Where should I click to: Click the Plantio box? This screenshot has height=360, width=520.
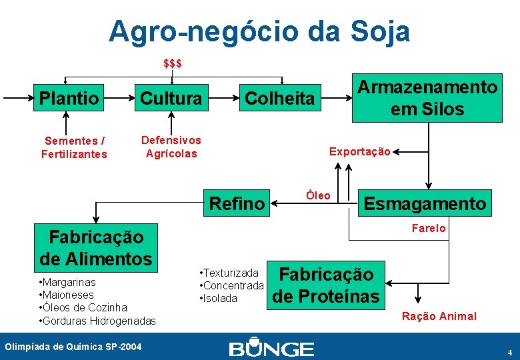69,99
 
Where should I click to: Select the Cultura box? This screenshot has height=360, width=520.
171,99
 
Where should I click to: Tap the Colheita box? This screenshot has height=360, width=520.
279,99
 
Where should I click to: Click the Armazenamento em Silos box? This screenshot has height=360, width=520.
427,98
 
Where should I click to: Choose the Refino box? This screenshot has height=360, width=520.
237,203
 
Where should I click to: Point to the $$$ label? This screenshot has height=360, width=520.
173,64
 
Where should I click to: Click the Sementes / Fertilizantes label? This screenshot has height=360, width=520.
74,147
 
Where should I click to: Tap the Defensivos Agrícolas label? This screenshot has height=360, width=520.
171,147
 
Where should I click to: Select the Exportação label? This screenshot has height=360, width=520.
359,152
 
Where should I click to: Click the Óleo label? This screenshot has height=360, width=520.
318,195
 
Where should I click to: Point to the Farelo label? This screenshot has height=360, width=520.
429,229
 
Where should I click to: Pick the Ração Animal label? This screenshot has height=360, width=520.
439,316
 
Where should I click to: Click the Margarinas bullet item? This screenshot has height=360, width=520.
68,282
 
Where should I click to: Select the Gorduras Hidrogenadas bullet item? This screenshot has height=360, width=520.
98,321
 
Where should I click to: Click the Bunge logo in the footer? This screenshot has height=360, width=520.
271,349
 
